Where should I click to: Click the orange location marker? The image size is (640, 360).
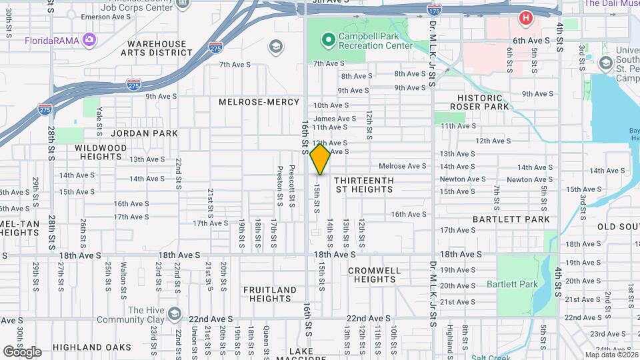click(321, 159)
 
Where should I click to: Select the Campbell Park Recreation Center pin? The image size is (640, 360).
click(327, 40)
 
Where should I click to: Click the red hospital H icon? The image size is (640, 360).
click(526, 18)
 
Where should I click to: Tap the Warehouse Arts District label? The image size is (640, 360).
click(161, 49)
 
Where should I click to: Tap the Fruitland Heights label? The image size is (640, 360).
click(269, 294)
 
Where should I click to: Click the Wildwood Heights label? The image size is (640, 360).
click(101, 151)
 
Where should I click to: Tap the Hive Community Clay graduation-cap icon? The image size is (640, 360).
click(175, 314)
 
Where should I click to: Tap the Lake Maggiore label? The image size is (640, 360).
click(309, 354)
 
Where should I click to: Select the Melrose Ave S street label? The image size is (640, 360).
click(402, 166)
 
